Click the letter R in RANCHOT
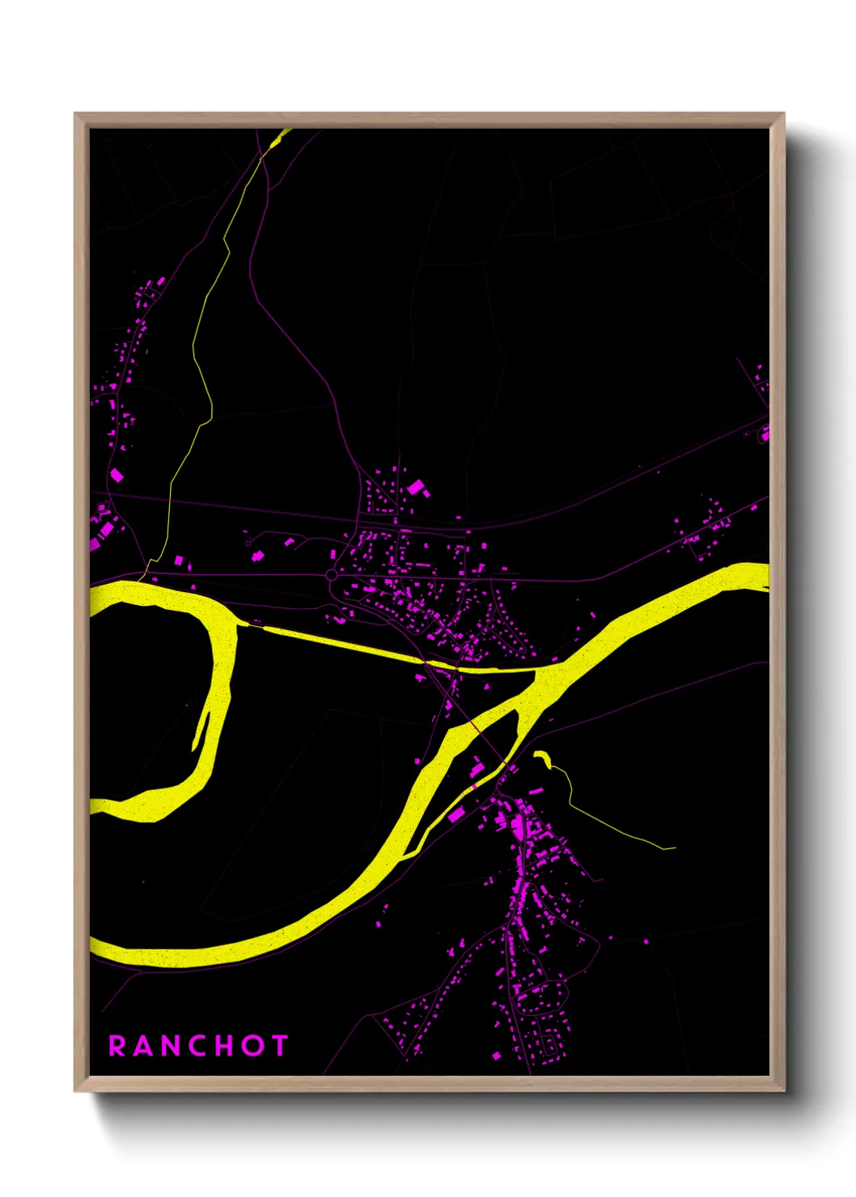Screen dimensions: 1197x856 click(x=117, y=1046)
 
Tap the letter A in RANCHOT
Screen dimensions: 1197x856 click(x=142, y=1046)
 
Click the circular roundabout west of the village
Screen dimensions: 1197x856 click(x=331, y=575)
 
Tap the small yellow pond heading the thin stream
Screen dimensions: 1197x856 click(x=540, y=757)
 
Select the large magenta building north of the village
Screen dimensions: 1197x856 click(x=416, y=487)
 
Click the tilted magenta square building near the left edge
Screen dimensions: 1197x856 click(x=117, y=475)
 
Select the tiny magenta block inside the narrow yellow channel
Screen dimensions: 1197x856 click(x=475, y=784)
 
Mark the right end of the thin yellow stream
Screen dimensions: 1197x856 click(x=673, y=848)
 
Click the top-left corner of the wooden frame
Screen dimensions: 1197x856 click(x=75, y=114)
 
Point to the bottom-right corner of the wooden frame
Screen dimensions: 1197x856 click(x=783, y=1090)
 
